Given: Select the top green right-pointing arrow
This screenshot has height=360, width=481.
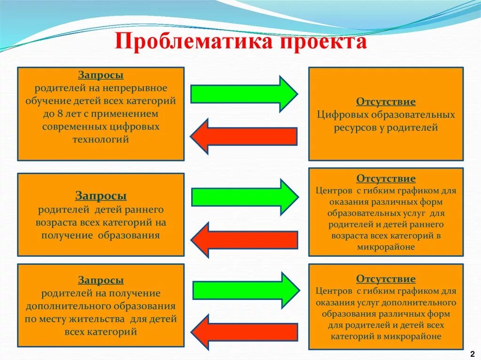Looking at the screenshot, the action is [243, 93].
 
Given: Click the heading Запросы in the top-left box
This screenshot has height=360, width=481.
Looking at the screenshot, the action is [101, 76].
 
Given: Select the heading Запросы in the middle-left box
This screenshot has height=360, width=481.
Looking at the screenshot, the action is [101, 196].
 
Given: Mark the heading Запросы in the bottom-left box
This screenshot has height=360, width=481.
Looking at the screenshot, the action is [101, 281].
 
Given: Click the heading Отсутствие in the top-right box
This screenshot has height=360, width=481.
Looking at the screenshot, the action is [386, 102].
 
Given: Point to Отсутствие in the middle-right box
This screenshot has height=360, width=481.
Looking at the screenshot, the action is [386, 179].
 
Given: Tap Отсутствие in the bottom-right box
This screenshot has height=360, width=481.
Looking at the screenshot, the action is [386, 279].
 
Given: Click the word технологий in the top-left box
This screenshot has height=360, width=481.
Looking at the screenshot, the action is [101, 139].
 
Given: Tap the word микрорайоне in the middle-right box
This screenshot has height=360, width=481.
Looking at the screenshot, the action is [386, 247].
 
